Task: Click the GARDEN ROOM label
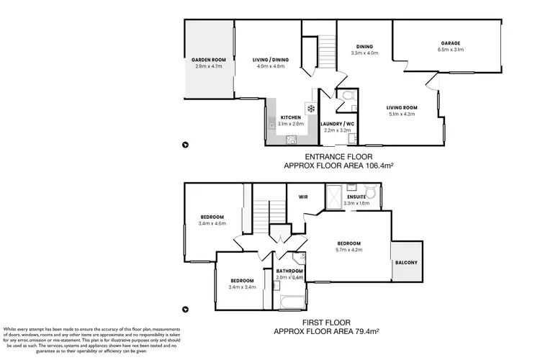pos(209,59)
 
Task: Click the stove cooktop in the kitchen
pos(292,139)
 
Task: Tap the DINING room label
pos(363,47)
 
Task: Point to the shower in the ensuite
pos(335,196)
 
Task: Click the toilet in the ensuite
pos(372,192)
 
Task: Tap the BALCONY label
pos(405,262)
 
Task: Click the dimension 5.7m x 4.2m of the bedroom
pos(348,250)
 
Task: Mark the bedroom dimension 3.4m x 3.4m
pos(241,287)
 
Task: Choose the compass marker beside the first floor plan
pos(186,310)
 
